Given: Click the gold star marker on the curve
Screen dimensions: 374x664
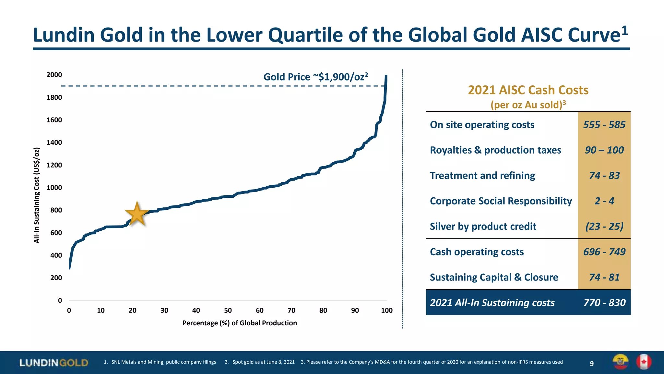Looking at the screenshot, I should click(137, 214).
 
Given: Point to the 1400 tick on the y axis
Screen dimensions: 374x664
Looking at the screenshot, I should click(54, 143).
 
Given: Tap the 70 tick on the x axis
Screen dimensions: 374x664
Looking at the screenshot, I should click(291, 310).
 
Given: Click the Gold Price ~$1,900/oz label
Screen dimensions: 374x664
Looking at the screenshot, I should click(315, 77).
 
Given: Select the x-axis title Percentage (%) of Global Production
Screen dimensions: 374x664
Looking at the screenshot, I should click(239, 323).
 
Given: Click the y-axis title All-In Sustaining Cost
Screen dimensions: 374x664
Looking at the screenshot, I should click(37, 195).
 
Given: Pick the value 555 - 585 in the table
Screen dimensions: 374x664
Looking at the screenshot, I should click(604, 125).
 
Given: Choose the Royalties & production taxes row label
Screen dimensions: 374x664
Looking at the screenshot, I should click(495, 150).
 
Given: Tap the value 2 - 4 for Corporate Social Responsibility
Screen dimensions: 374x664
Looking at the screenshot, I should click(604, 201).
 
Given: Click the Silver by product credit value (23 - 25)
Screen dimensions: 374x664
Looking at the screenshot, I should click(604, 226).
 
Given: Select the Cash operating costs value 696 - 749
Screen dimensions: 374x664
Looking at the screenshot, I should click(604, 252).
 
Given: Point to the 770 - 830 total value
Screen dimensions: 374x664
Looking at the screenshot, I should click(604, 303).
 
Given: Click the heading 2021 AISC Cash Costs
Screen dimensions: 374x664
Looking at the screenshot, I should click(528, 90).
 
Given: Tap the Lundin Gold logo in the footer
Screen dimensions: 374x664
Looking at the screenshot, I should click(54, 363).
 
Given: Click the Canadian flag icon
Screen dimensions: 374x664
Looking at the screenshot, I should click(644, 362).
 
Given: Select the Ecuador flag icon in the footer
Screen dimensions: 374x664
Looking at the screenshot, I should click(620, 362).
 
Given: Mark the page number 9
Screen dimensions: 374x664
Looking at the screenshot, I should click(592, 364).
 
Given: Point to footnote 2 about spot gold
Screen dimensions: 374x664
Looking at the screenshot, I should click(260, 362).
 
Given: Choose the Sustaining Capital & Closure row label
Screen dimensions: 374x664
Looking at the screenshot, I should click(494, 277).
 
